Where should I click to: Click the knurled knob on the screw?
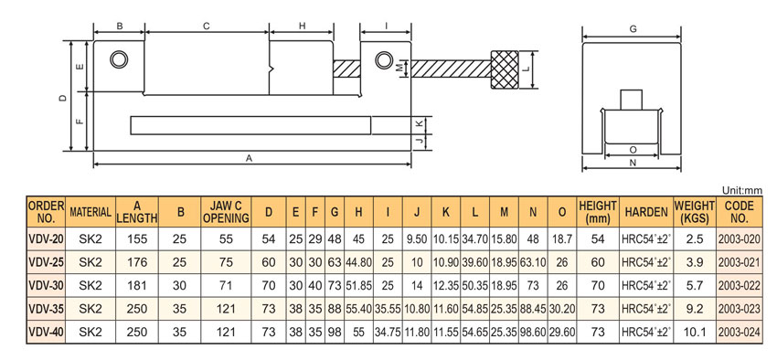click(505, 69)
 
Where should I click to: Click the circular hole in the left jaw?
click(119, 59)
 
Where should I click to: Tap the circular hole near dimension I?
click(383, 60)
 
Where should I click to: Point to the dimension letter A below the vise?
click(250, 157)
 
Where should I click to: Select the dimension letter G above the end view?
click(633, 29)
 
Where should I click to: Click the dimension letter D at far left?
click(63, 98)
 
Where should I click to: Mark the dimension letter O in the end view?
click(633, 149)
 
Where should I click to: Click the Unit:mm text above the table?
click(742, 190)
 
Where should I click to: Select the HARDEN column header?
click(645, 212)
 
